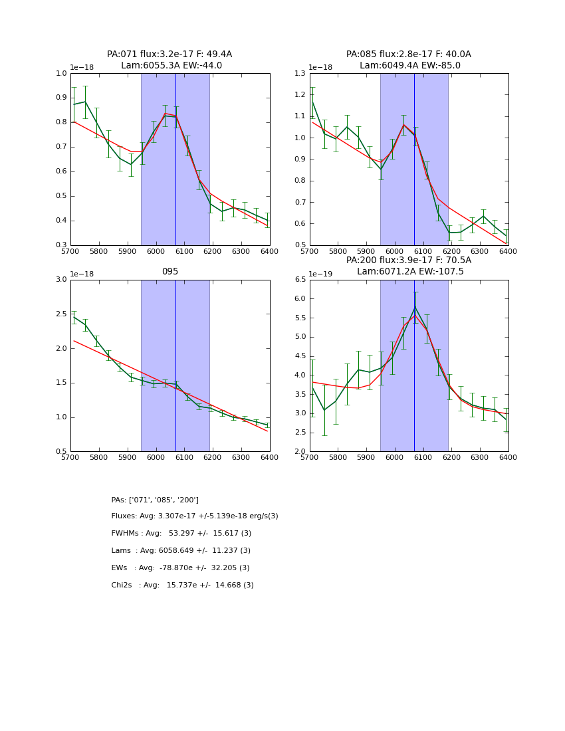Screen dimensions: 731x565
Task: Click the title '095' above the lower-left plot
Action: pos(170,271)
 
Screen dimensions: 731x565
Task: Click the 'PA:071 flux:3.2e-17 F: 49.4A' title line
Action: pos(169,54)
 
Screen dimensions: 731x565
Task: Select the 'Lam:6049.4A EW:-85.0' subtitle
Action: pos(409,66)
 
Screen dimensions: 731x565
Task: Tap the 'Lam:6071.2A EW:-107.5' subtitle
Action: pos(409,272)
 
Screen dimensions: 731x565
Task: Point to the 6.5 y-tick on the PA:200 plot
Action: pos(298,280)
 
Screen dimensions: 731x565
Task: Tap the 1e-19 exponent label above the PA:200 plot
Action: pos(321,274)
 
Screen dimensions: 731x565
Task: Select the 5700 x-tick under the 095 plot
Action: pos(70,458)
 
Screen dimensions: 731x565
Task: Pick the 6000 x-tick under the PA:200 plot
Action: pos(395,458)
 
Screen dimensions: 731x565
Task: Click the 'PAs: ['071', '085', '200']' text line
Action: pos(155,500)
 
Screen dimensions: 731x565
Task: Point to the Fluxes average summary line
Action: pos(195,516)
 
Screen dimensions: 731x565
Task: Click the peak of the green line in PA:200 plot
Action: pos(415,306)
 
